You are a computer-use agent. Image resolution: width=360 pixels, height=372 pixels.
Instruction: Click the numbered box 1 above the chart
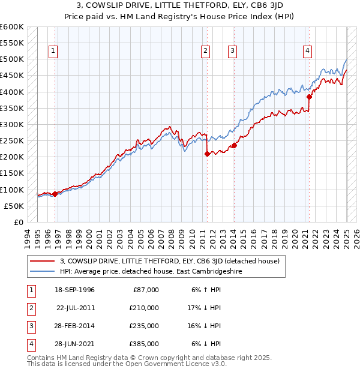point(53,52)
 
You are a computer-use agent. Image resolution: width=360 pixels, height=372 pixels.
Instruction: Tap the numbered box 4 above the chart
point(307,52)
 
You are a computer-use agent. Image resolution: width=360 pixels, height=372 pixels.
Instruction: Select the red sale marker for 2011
point(207,154)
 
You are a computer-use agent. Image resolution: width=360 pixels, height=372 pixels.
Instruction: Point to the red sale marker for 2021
point(310,97)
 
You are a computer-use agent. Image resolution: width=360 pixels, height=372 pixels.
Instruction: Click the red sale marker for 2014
point(234,145)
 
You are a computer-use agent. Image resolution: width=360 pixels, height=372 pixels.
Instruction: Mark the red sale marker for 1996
point(55,194)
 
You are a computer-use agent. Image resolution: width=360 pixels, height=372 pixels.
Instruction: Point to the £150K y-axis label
point(12,173)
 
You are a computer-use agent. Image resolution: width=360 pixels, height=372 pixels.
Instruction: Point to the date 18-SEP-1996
point(76,290)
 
